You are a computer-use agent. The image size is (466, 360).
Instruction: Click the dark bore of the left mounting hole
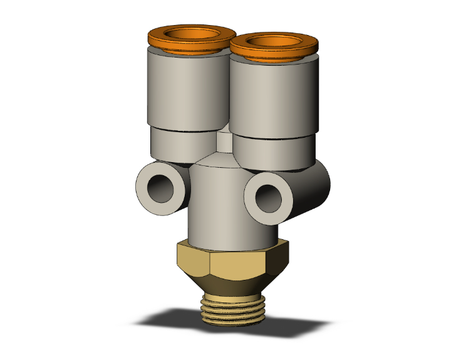coord(165,188)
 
